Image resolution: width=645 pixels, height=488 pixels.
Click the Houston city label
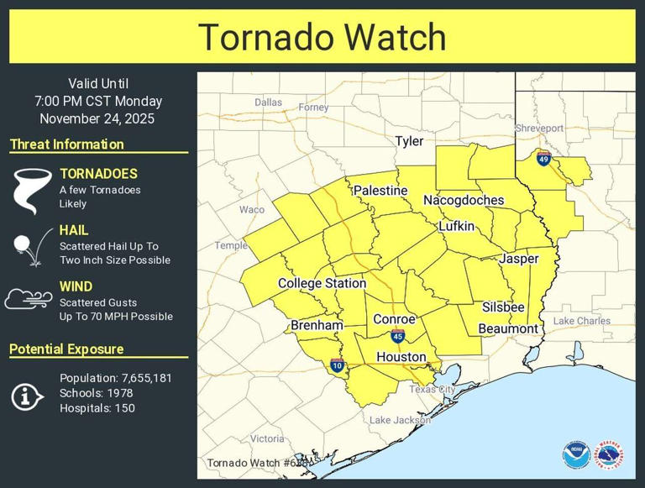(401, 357)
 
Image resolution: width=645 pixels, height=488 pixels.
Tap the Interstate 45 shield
(396, 337)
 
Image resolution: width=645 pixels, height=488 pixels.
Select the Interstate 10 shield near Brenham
(337, 365)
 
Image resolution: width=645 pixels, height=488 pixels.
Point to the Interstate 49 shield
(543, 157)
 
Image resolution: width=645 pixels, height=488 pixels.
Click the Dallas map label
(269, 102)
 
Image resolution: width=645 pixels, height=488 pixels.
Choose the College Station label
(322, 284)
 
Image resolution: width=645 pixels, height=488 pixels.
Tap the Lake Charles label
(582, 322)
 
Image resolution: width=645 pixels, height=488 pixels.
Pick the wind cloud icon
(29, 299)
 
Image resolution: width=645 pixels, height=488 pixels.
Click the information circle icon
(28, 396)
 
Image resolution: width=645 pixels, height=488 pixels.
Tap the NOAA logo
(576, 454)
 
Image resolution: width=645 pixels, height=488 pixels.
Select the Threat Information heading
(67, 144)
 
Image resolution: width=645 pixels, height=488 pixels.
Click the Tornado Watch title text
(322, 38)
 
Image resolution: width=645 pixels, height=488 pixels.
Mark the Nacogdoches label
(464, 201)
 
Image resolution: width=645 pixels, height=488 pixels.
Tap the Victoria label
(267, 438)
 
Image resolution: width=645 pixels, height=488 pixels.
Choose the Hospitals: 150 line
(97, 408)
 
